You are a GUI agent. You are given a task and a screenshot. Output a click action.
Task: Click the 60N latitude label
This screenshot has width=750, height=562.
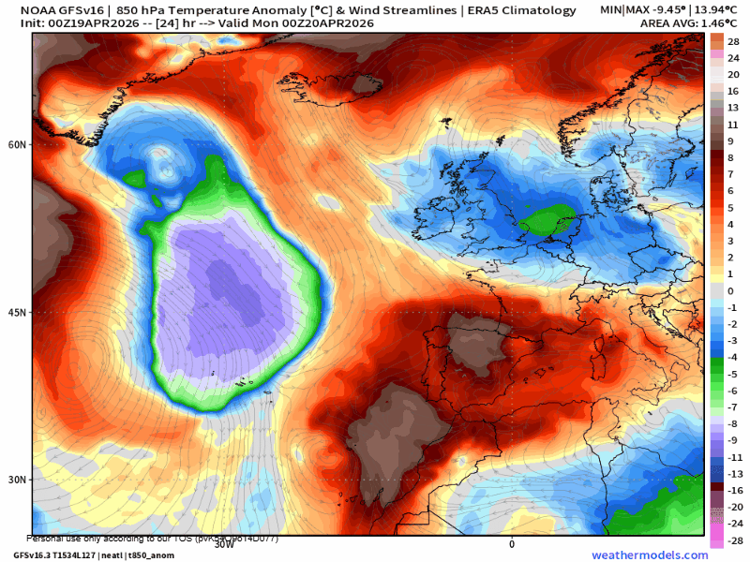click(x=17, y=144)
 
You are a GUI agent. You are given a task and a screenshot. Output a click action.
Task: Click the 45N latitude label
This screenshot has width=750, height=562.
click(x=17, y=312)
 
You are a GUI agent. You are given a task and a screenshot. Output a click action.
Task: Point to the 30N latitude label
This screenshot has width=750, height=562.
click(x=17, y=480)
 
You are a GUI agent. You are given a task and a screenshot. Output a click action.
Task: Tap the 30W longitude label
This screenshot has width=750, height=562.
click(x=224, y=543)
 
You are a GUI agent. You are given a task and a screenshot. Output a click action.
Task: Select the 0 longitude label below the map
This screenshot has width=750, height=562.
click(x=512, y=543)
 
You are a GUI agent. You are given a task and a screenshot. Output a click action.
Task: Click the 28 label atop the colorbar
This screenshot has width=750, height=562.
click(x=733, y=41)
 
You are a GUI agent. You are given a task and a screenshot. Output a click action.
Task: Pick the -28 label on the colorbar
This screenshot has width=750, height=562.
click(x=733, y=540)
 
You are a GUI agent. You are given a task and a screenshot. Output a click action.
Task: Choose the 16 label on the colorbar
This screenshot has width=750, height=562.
click(x=733, y=91)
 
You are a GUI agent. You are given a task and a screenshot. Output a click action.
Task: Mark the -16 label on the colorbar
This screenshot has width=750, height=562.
click(x=733, y=490)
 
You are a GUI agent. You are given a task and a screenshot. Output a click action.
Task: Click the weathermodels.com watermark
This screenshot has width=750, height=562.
click(x=650, y=555)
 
